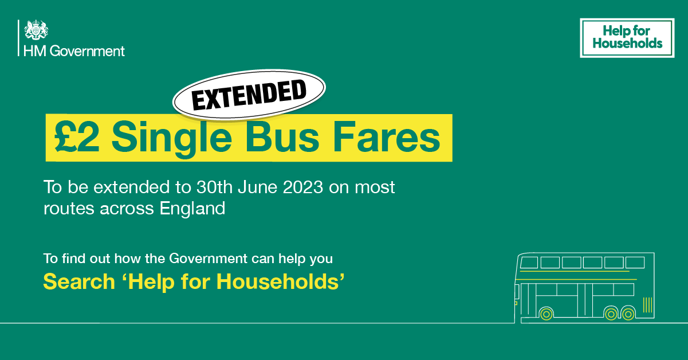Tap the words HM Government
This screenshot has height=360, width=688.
tap(74, 51)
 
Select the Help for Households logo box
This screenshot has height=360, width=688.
tap(627, 38)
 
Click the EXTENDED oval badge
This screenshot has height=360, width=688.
tap(249, 96)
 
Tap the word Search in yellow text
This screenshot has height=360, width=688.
tap(79, 281)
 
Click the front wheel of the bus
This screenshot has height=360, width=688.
tap(546, 314)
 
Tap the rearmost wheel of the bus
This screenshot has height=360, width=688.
tap(628, 314)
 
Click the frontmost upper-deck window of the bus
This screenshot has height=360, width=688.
tap(529, 263)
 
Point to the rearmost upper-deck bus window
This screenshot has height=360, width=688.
tap(634, 263)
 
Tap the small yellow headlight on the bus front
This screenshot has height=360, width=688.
tap(516, 303)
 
